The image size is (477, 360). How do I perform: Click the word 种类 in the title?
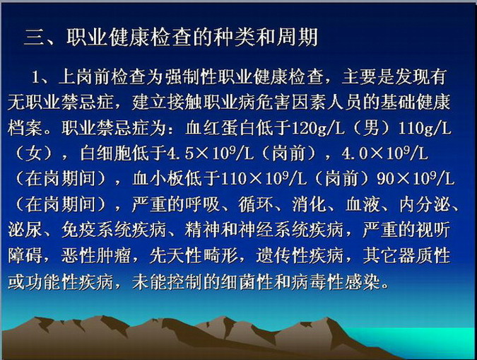click(233, 37)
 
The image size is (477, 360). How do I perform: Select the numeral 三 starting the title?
click(34, 37)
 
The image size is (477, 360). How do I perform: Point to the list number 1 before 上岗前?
click(36, 77)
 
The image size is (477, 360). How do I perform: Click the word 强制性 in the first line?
click(192, 77)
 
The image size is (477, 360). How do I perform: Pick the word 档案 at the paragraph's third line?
click(25, 128)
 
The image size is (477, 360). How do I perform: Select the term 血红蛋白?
click(221, 128)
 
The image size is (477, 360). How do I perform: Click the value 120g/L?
click(318, 129)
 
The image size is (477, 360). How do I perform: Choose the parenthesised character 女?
click(34, 153)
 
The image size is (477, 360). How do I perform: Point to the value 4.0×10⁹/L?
click(385, 153)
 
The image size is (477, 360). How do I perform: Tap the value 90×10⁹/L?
click(416, 179)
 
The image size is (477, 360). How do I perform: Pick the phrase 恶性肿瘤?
click(96, 255)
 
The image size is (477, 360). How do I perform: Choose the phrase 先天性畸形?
click(194, 255)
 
